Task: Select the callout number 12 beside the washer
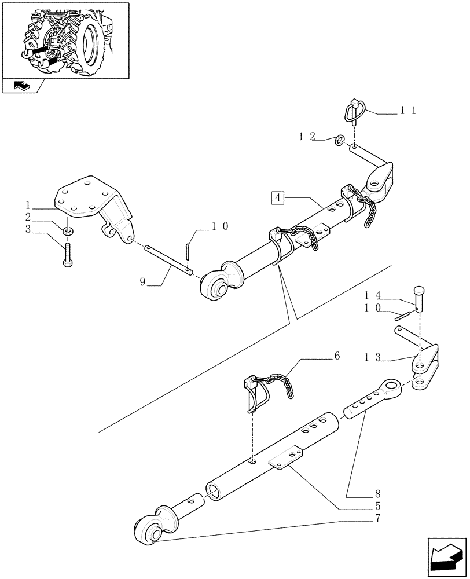pyautogui.click(x=307, y=137)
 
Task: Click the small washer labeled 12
pyautogui.click(x=340, y=139)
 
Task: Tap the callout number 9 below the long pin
pyautogui.click(x=143, y=282)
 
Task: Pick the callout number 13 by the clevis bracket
pyautogui.click(x=372, y=357)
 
